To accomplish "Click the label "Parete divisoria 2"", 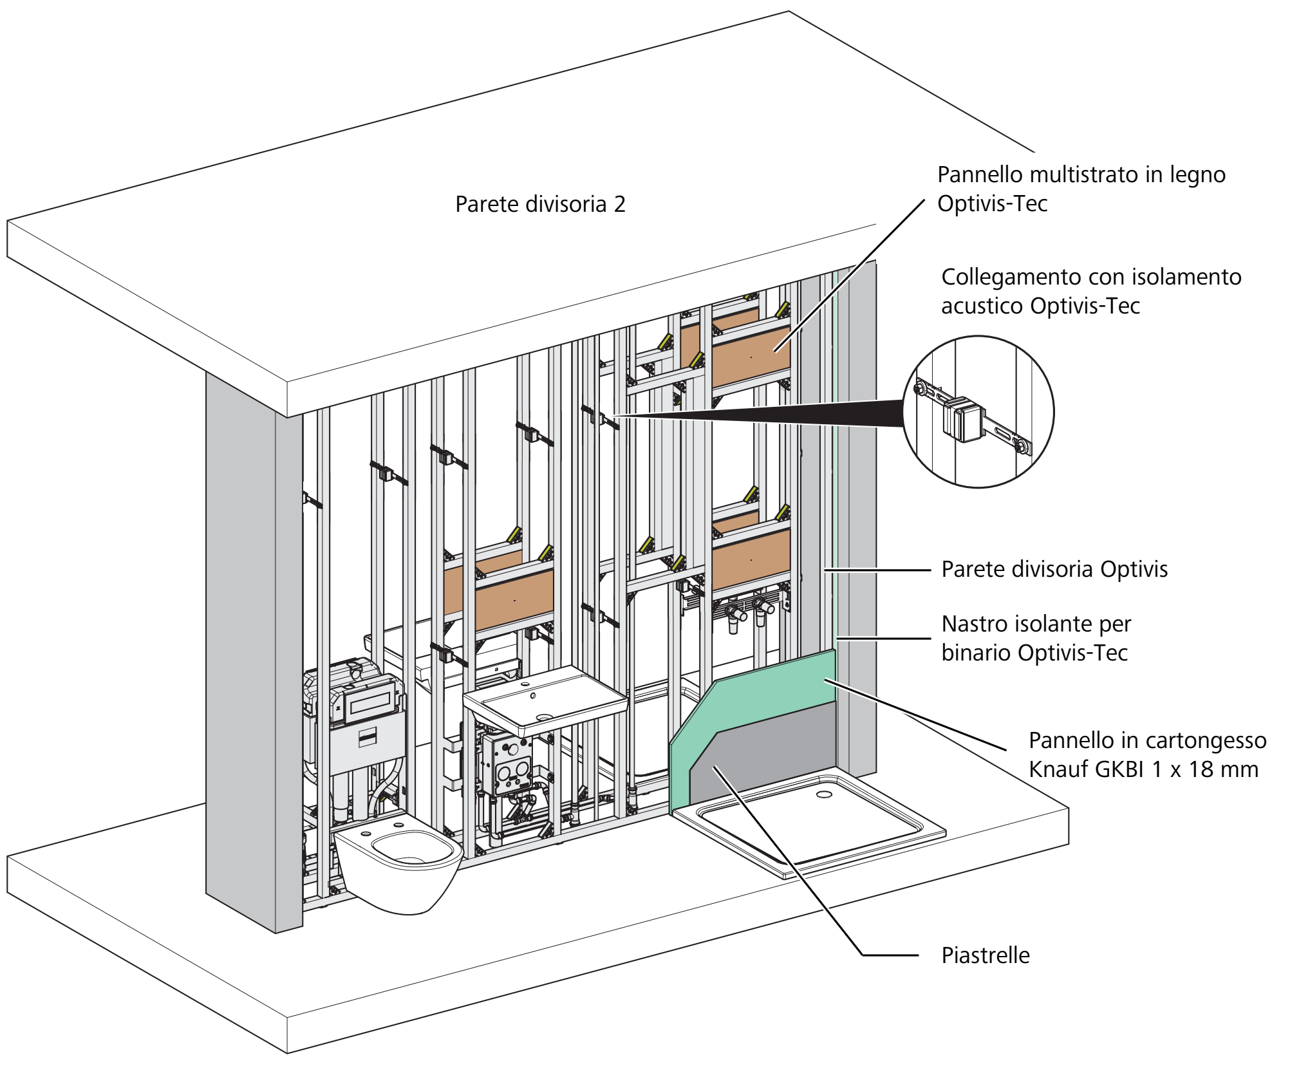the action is point(540,204).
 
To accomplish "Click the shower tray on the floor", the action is point(809,825).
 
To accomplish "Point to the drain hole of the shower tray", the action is point(824,794).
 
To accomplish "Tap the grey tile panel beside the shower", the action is point(763,753).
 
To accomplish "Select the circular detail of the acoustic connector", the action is point(978,412).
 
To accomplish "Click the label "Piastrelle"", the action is point(986,955).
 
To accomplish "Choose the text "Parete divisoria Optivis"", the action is point(1054,569).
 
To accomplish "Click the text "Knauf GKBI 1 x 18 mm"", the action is point(1143,769).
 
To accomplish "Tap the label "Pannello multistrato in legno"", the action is point(1081,174).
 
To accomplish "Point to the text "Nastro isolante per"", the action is point(1036,624).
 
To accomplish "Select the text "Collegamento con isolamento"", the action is point(1091,277).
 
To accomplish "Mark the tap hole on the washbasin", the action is point(532,695).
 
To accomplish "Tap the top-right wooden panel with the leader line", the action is point(751,357).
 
